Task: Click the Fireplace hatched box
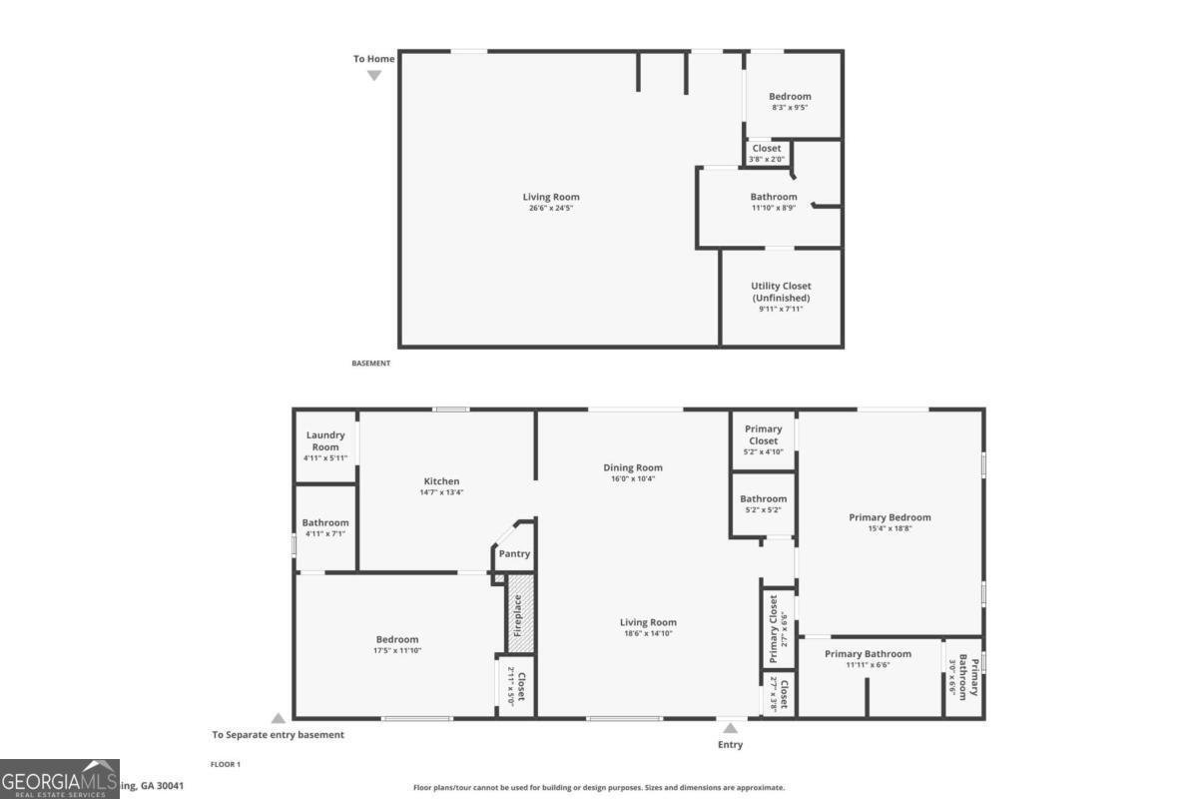pyautogui.click(x=517, y=614)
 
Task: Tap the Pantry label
pyautogui.click(x=515, y=554)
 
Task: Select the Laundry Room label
pyautogui.click(x=325, y=440)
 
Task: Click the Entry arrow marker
pyautogui.click(x=731, y=728)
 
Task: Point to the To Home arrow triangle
pyautogui.click(x=374, y=75)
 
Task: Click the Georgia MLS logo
pyautogui.click(x=60, y=779)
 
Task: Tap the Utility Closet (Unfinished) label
pyautogui.click(x=781, y=292)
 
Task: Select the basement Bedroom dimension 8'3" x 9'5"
pyautogui.click(x=790, y=108)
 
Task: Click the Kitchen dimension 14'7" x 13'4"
pyautogui.click(x=441, y=492)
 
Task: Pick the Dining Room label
pyautogui.click(x=633, y=467)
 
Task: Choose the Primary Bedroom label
pyautogui.click(x=890, y=517)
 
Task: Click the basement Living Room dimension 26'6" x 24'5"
pyautogui.click(x=551, y=208)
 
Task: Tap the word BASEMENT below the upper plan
pyautogui.click(x=371, y=364)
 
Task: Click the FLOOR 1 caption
pyautogui.click(x=226, y=764)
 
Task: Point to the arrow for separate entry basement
pyautogui.click(x=279, y=718)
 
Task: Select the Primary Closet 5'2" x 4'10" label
pyautogui.click(x=764, y=439)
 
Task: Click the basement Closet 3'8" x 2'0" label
pyautogui.click(x=767, y=153)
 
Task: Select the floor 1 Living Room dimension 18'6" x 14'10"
pyautogui.click(x=648, y=633)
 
